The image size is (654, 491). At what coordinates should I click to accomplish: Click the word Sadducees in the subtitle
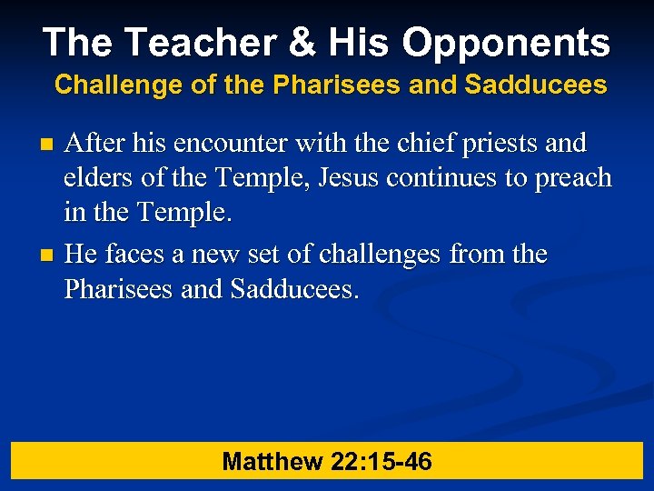click(x=535, y=85)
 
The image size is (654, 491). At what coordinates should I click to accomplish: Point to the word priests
click(x=501, y=144)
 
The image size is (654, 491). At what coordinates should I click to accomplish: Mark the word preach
click(x=572, y=178)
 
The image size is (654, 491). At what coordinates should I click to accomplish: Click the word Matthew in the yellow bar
click(x=272, y=462)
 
